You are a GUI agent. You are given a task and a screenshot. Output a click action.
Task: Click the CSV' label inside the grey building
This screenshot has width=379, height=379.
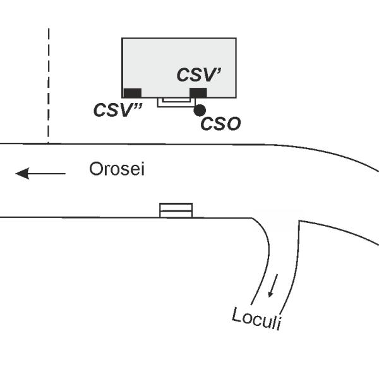pos(198,75)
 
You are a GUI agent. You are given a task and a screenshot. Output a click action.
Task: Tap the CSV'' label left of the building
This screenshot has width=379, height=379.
pos(117,110)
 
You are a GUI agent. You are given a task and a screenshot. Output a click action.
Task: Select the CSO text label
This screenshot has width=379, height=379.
pos(220,124)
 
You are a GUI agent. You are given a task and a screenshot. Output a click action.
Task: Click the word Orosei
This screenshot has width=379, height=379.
pos(117,170)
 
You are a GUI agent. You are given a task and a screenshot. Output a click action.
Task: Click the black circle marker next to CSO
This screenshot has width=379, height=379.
pos(200,110)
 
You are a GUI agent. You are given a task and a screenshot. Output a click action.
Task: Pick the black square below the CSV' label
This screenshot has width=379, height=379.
pos(198,93)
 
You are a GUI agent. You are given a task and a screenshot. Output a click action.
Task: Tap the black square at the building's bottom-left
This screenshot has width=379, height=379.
pos(133,93)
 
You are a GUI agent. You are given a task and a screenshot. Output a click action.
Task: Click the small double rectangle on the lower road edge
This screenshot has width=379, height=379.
pos(176,210)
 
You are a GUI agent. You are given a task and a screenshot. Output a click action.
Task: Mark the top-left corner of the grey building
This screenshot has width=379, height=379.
pos(123,39)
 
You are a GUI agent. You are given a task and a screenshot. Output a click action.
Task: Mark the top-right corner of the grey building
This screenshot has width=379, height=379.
pos(236,39)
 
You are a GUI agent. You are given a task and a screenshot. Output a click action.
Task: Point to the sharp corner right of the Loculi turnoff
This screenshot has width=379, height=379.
pos(299,221)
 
